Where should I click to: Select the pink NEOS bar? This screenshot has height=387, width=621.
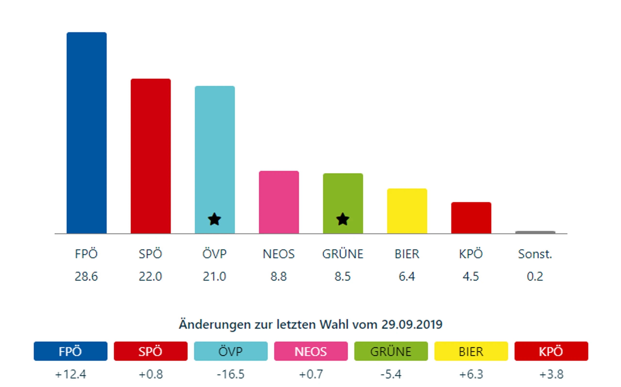(x=279, y=202)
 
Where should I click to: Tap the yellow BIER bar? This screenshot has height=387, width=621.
(x=407, y=211)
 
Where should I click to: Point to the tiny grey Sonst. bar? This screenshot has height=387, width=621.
(x=535, y=232)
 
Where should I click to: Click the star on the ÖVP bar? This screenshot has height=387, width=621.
(x=214, y=219)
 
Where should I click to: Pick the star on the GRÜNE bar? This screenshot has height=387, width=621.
(x=343, y=219)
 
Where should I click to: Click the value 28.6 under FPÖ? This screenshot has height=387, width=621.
(x=86, y=276)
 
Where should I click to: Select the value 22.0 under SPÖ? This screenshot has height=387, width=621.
(x=150, y=276)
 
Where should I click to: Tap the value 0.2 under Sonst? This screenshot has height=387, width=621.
(x=535, y=276)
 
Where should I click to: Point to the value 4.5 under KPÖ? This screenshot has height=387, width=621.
(x=471, y=276)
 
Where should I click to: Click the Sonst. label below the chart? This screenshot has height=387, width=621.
(x=535, y=254)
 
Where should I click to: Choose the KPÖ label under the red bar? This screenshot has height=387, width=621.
(x=471, y=254)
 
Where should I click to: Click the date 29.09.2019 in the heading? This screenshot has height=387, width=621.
(x=412, y=325)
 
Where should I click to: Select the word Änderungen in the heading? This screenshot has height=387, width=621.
(x=215, y=325)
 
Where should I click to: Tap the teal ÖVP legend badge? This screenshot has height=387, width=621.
(x=230, y=351)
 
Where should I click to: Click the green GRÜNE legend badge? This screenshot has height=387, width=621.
(x=391, y=351)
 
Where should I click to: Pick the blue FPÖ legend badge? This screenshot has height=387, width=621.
(x=70, y=351)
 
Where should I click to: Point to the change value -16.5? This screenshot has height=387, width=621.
(x=230, y=374)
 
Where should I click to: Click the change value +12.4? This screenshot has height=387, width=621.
(x=70, y=374)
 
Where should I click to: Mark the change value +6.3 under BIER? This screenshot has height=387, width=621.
(x=471, y=374)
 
